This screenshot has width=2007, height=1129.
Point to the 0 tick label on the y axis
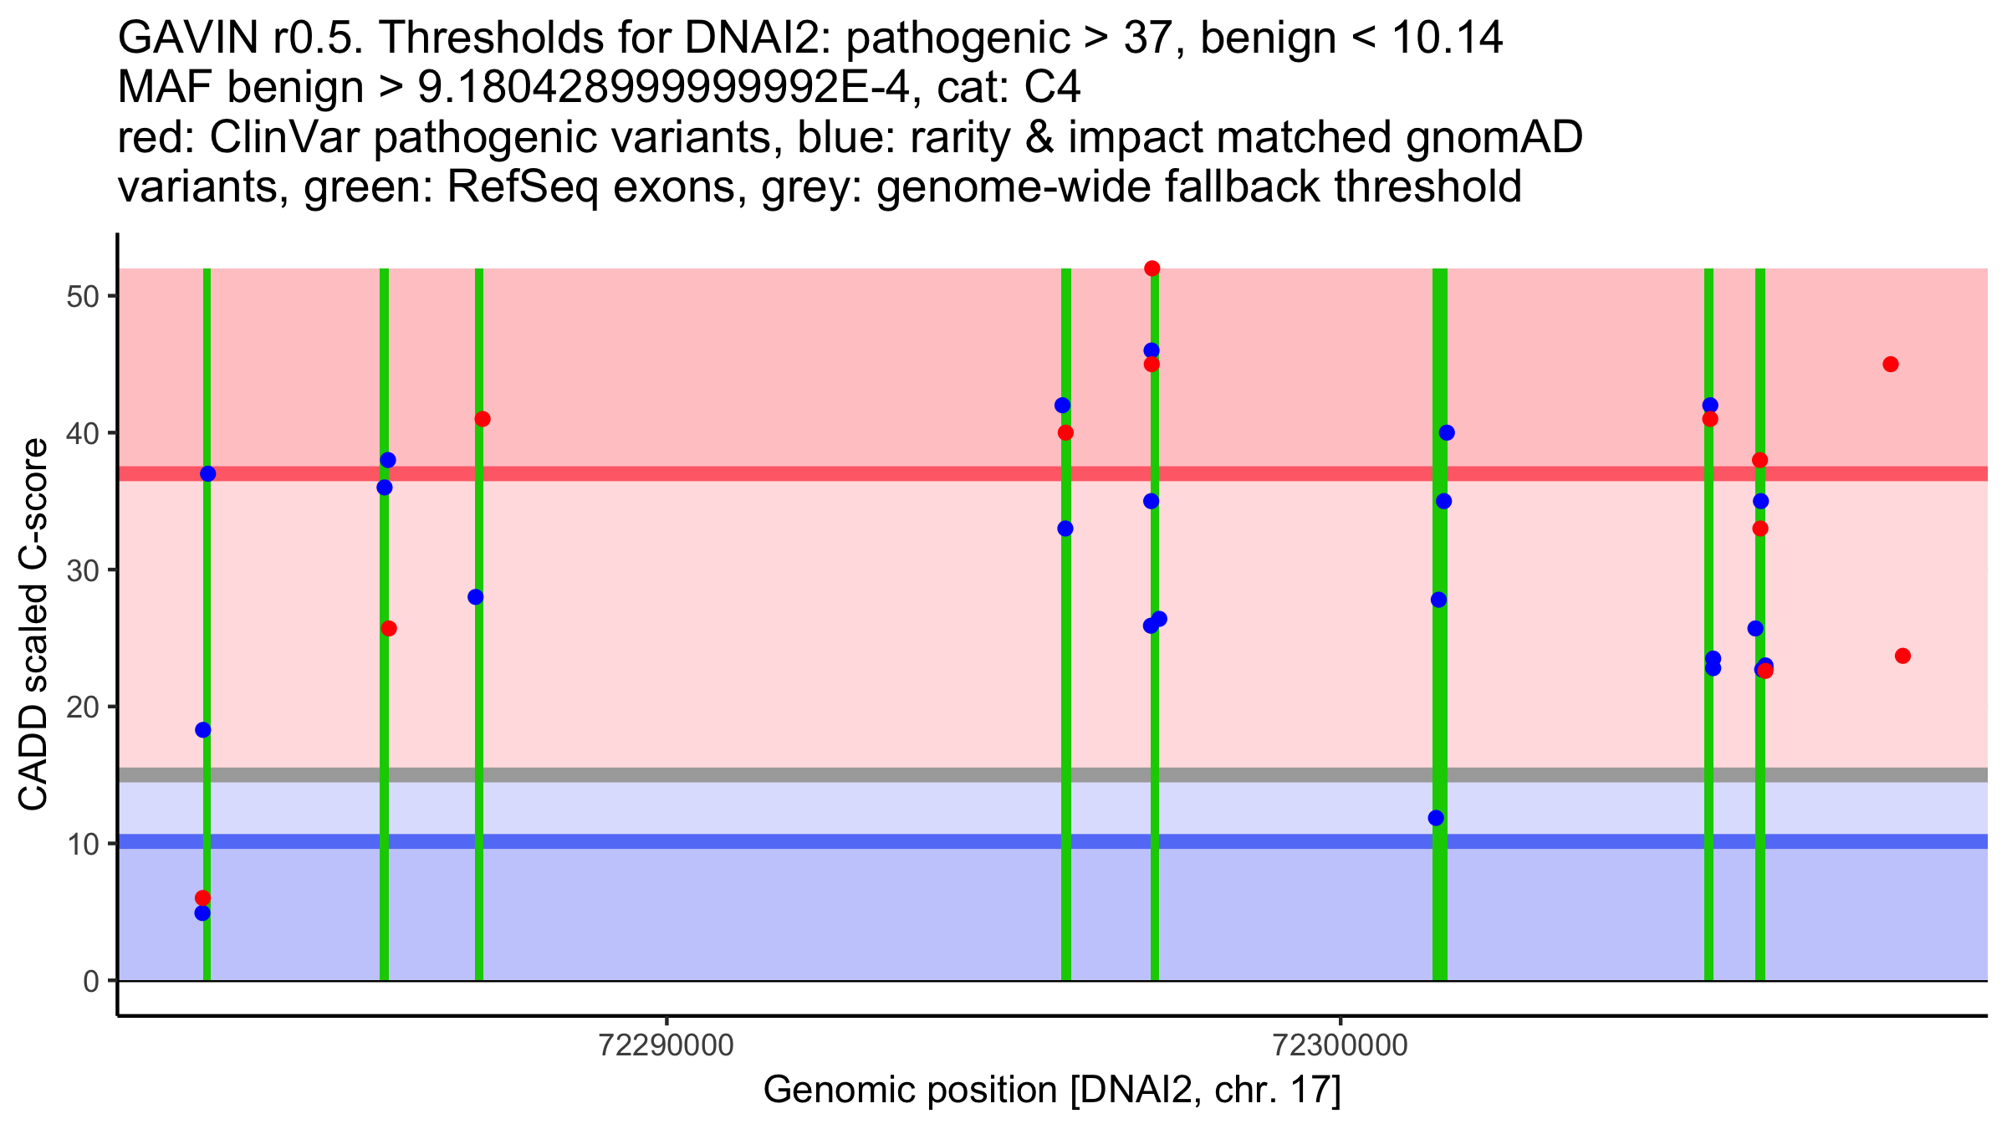click(90, 981)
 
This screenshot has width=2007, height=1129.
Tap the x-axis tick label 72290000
click(666, 1045)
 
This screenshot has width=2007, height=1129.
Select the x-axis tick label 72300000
click(1341, 1045)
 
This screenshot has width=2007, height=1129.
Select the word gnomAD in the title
click(1494, 137)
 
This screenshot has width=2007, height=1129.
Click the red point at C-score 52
click(1152, 268)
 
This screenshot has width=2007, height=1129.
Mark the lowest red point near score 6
click(202, 898)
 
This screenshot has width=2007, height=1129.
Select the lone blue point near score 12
click(1436, 818)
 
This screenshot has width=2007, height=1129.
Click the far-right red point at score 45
click(1891, 365)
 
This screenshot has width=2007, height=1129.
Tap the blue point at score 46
click(1152, 350)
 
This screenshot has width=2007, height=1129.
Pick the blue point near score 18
click(203, 730)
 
